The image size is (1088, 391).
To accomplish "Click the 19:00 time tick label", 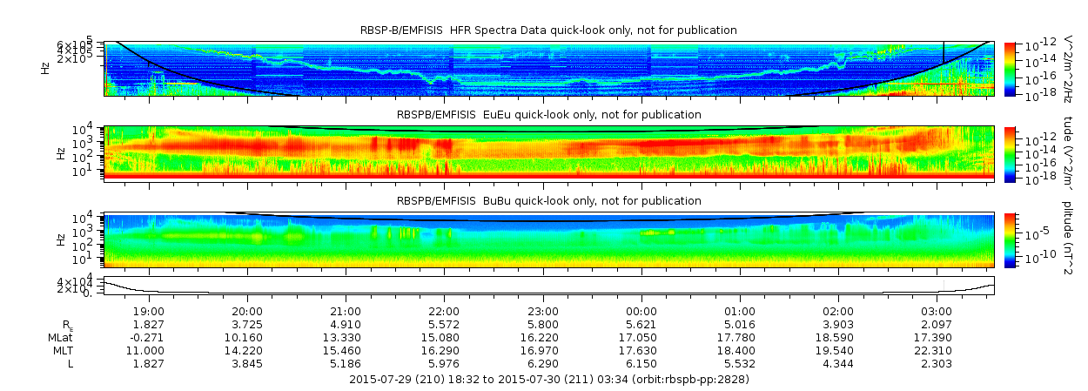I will (x=149, y=311).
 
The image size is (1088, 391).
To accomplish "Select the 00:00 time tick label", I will (x=641, y=311).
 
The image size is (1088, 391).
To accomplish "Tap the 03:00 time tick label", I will (x=937, y=311).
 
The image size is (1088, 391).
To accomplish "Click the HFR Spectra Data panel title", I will (x=548, y=30).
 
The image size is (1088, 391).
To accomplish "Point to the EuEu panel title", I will (x=548, y=114).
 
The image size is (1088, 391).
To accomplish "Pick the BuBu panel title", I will (x=548, y=200).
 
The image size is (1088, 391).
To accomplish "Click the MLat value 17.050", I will (x=641, y=337).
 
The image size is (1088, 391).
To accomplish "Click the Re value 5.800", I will (x=543, y=324).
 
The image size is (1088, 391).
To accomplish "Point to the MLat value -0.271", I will (x=149, y=337).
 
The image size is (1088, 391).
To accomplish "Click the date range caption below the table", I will (x=548, y=380).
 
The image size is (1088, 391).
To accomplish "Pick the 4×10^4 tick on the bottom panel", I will (x=88, y=281).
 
